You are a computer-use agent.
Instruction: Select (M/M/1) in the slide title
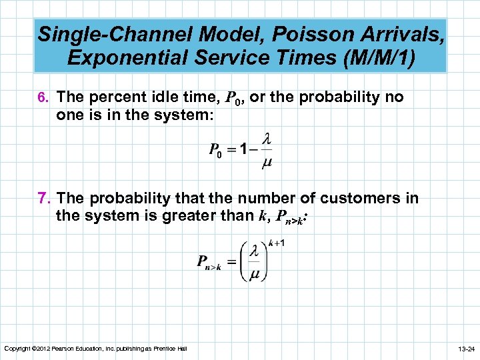(x=377, y=57)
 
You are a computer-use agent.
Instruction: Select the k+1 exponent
(x=277, y=243)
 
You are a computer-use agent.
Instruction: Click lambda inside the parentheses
(x=254, y=251)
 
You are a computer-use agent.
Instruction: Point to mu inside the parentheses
(x=254, y=273)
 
